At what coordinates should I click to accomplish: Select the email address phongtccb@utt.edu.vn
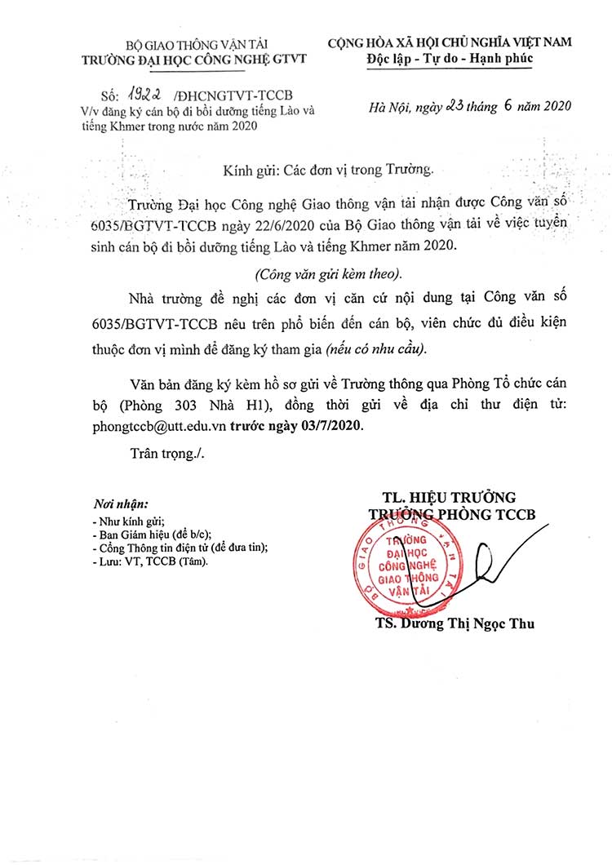[x=160, y=425]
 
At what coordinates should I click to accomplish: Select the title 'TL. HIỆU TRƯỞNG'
[x=450, y=497]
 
